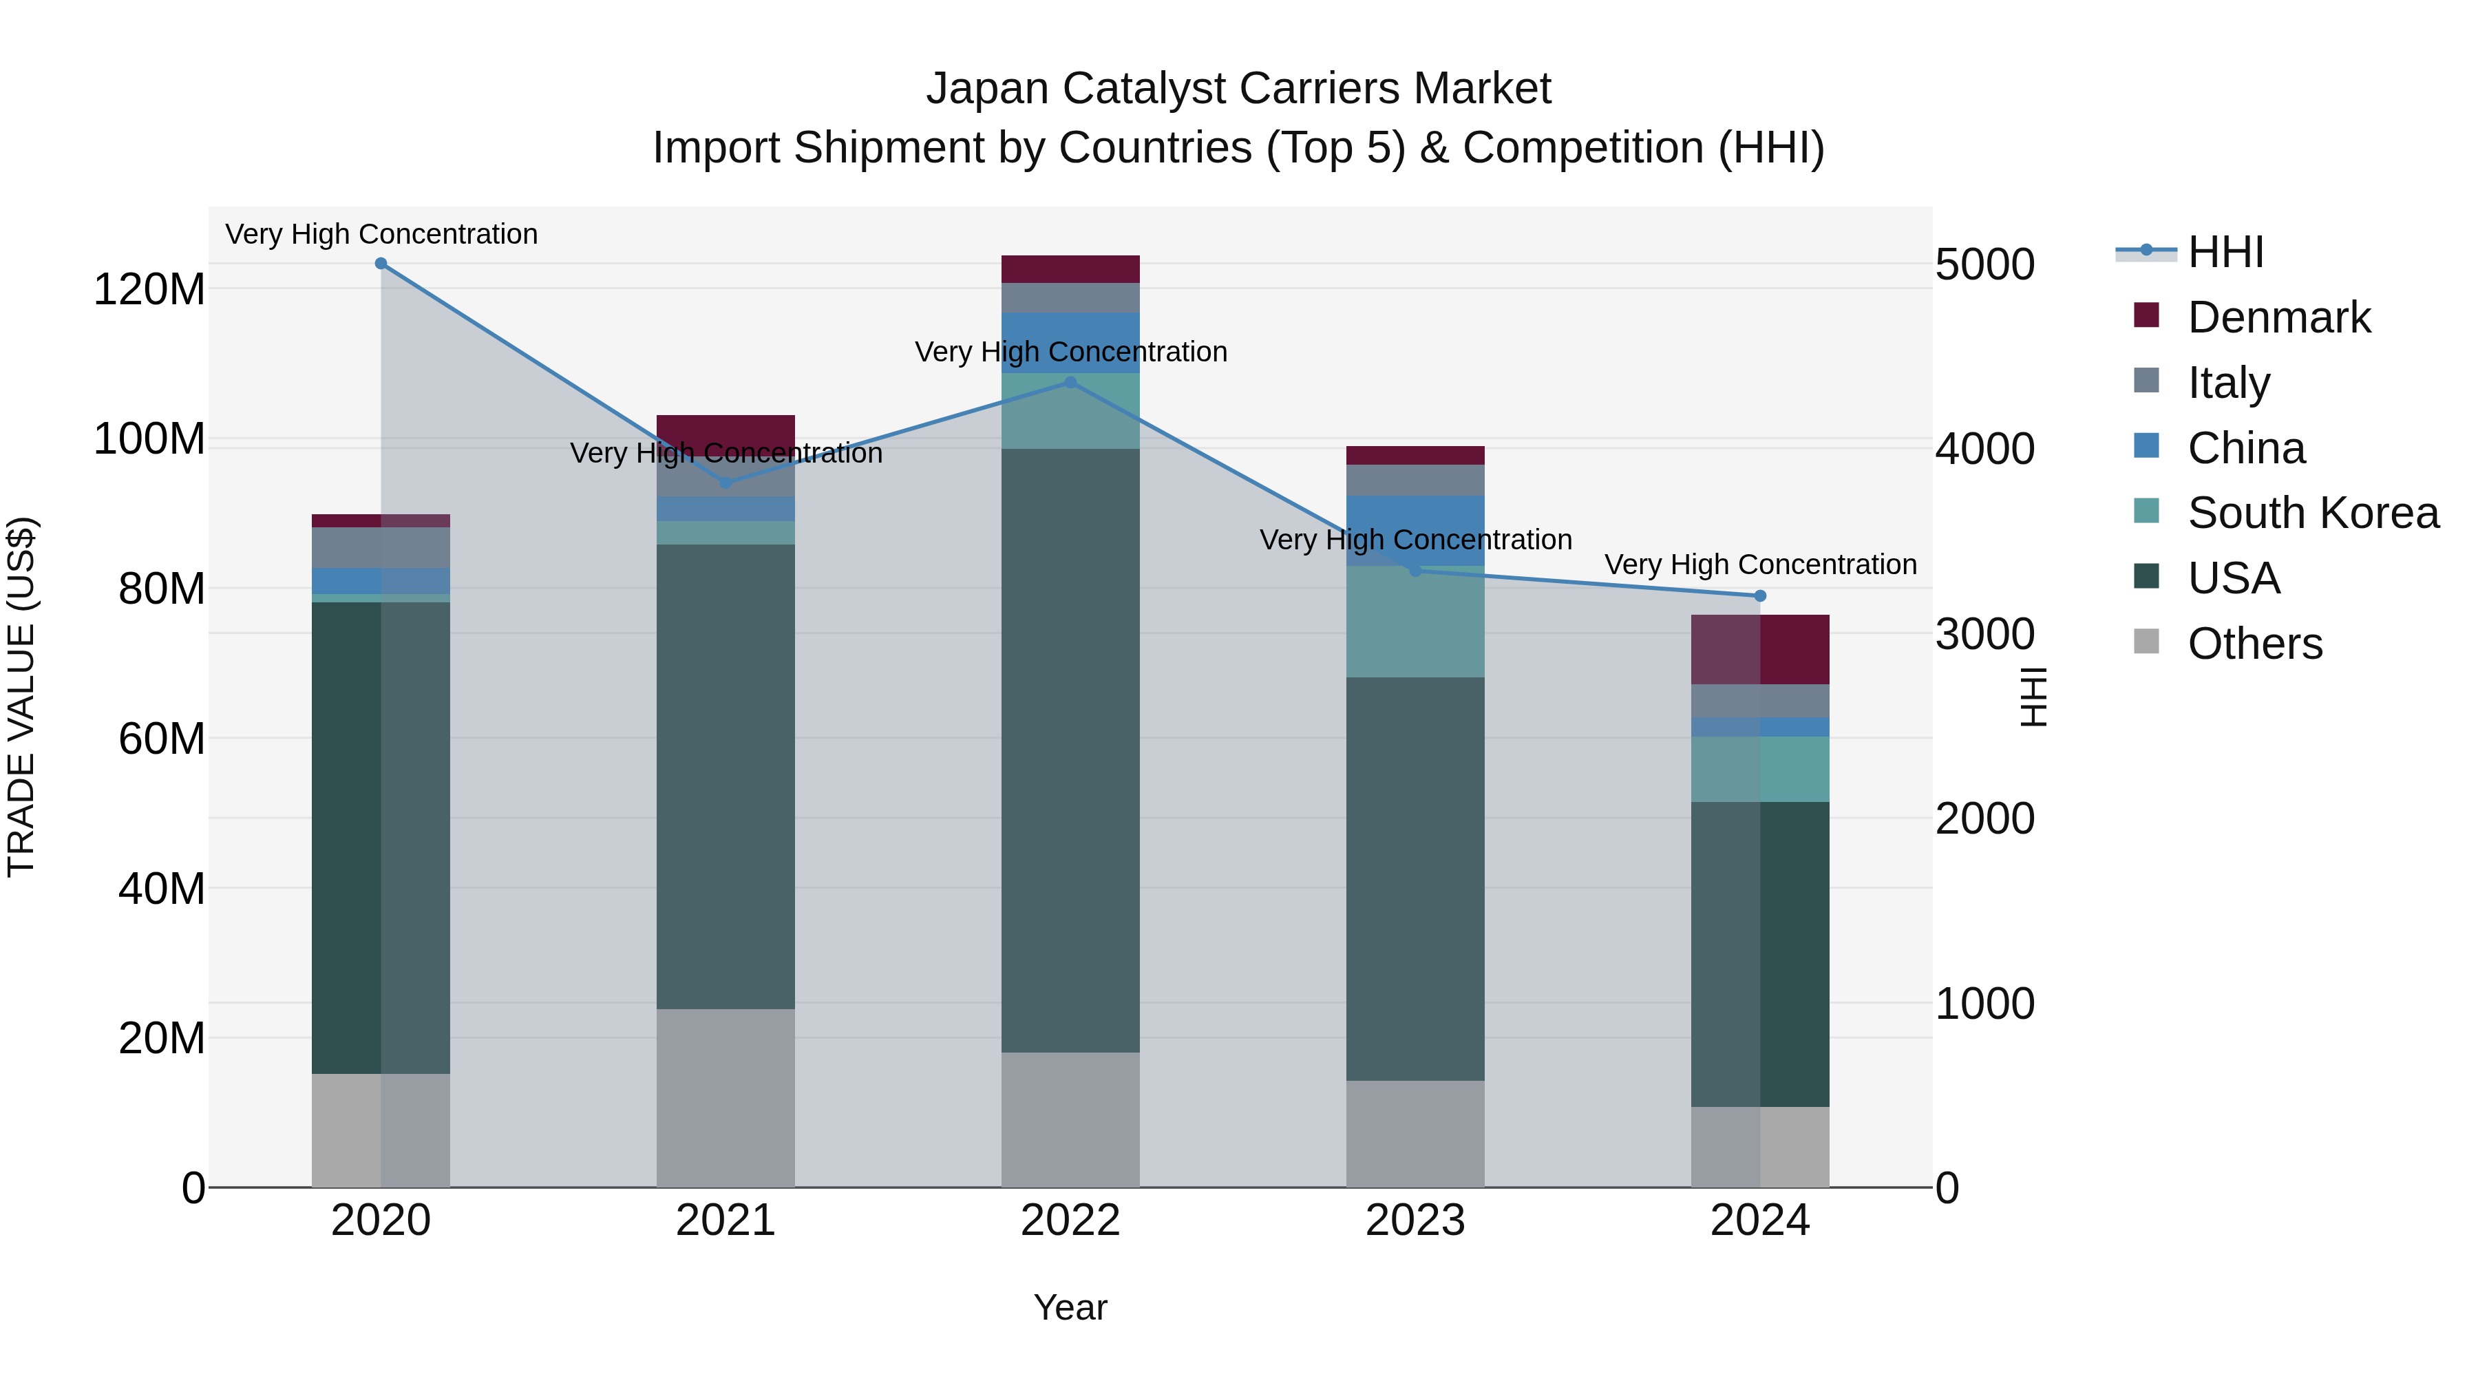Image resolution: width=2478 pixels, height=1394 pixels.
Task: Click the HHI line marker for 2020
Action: pyautogui.click(x=381, y=264)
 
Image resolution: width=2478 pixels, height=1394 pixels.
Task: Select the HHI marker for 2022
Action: pyautogui.click(x=1070, y=382)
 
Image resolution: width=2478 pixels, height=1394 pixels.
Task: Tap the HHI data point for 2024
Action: pyautogui.click(x=1760, y=595)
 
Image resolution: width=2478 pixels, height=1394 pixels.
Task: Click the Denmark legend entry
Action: pyautogui.click(x=2278, y=317)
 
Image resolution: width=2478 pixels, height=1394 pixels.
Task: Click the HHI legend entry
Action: pyautogui.click(x=2225, y=252)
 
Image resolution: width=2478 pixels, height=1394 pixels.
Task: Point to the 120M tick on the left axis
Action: pyautogui.click(x=149, y=288)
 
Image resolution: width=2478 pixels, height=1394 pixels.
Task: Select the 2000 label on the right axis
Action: pyautogui.click(x=1984, y=819)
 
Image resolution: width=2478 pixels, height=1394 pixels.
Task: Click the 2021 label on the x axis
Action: pyautogui.click(x=726, y=1221)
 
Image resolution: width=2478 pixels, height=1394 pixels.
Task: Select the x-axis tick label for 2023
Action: pyautogui.click(x=1415, y=1221)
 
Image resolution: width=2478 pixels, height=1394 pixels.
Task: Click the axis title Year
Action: pyautogui.click(x=1070, y=1307)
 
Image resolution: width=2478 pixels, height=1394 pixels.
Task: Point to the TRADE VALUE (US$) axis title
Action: pyautogui.click(x=21, y=697)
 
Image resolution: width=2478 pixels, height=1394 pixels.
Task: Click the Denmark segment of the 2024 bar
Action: pyautogui.click(x=1760, y=649)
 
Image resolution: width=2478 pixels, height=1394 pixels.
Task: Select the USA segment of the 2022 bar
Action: pyautogui.click(x=1070, y=750)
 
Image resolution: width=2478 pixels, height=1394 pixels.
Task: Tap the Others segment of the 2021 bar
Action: pyautogui.click(x=726, y=1098)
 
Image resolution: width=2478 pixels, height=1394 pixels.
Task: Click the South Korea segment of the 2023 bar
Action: pyautogui.click(x=1415, y=622)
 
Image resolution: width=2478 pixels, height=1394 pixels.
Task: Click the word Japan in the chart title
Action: pyautogui.click(x=988, y=89)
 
